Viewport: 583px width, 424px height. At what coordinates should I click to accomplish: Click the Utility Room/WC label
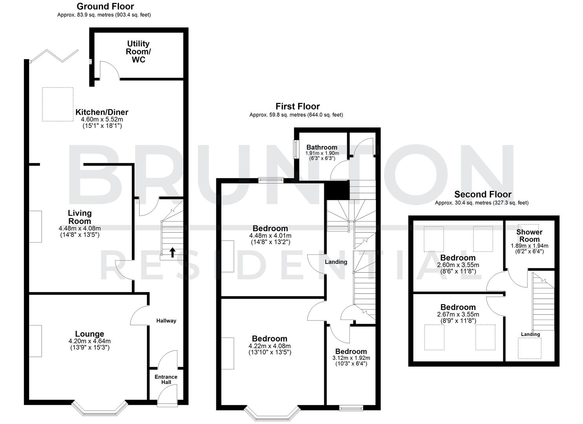[x=138, y=52]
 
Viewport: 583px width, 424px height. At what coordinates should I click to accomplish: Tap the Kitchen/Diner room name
[x=102, y=112]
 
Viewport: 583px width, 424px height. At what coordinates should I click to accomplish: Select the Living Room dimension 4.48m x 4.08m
[x=80, y=228]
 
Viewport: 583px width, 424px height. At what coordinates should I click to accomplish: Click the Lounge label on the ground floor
[x=90, y=334]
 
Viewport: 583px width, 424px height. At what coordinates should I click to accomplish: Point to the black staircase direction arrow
[x=172, y=252]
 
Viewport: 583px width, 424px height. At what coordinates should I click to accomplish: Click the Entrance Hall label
[x=166, y=379]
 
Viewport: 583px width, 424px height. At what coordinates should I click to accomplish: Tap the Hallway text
[x=166, y=321]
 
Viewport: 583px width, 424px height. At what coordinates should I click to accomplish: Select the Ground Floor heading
[x=105, y=6]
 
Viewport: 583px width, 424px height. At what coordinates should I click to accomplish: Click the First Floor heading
[x=298, y=106]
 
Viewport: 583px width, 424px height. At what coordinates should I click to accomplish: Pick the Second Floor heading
[x=483, y=194]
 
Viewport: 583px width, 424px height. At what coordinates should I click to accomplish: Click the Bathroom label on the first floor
[x=322, y=147]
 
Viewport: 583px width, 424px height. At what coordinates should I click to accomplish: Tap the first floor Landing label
[x=336, y=262]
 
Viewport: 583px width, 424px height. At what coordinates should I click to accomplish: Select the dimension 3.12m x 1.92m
[x=351, y=358]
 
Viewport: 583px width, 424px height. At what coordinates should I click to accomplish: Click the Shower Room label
[x=529, y=236]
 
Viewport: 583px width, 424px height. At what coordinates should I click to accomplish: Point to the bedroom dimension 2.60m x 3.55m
[x=458, y=265]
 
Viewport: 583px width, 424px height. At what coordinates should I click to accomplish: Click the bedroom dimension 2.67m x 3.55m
[x=458, y=314]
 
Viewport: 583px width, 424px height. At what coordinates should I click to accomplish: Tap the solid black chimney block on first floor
[x=337, y=190]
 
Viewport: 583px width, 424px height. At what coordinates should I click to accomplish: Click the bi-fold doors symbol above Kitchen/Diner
[x=55, y=56]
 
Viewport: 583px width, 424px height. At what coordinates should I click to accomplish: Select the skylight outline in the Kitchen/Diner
[x=58, y=104]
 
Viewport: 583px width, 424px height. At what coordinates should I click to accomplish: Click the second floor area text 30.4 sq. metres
[x=481, y=203]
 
